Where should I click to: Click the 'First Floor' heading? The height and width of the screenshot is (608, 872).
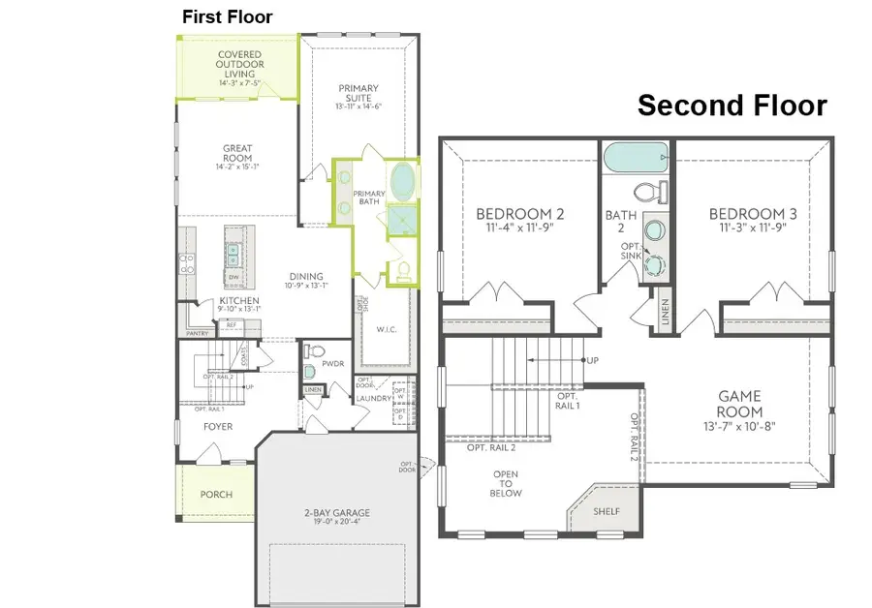[228, 17]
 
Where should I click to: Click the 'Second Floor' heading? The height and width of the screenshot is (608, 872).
[732, 106]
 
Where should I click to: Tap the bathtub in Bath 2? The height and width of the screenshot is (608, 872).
[636, 156]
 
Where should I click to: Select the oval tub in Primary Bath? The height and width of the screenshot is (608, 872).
[400, 180]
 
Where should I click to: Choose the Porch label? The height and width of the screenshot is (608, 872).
[216, 494]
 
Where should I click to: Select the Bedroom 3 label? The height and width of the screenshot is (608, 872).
[753, 214]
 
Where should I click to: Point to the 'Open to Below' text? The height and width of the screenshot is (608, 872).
[507, 483]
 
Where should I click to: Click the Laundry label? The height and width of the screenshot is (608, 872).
[373, 398]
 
